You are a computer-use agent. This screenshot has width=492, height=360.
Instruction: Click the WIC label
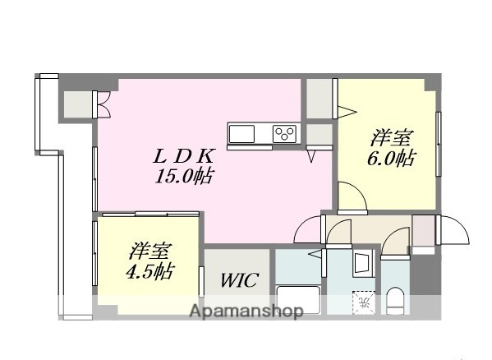click(239, 280)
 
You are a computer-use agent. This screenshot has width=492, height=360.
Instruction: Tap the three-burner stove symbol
click(285, 132)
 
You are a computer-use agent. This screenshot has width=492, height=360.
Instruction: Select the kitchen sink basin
click(244, 133)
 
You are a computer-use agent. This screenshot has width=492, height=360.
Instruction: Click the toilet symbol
click(395, 301)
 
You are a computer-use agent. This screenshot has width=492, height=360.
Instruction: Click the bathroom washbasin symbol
click(361, 263)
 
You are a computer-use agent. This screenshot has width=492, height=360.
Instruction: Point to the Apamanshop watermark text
click(246, 312)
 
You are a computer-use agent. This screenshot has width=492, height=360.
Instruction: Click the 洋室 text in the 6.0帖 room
click(390, 137)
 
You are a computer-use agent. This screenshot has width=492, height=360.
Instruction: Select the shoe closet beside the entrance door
click(424, 230)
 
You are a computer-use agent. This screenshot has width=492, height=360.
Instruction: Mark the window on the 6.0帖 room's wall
click(439, 144)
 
